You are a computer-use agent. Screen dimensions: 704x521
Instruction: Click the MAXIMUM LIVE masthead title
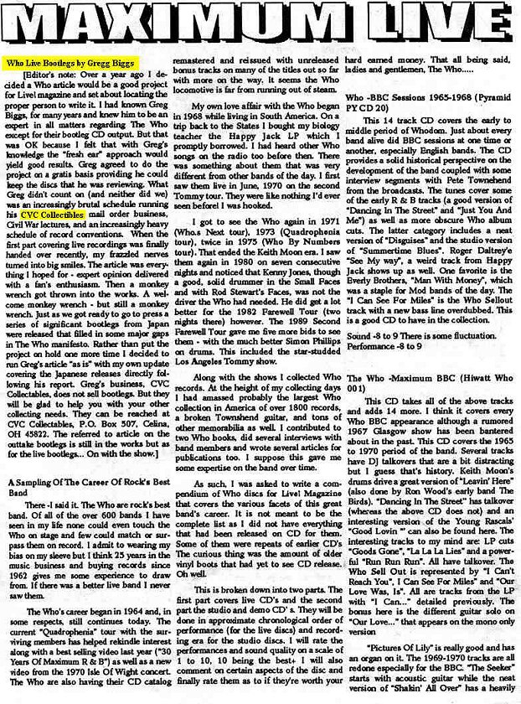point(260,28)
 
